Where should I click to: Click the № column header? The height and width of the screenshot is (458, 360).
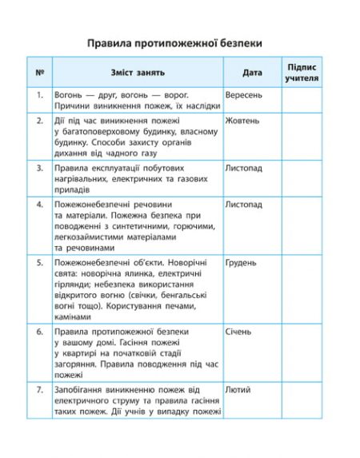[x=39, y=73]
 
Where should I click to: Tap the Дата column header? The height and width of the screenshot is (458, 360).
[x=252, y=73]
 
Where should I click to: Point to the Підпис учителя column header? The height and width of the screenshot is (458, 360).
[x=302, y=73]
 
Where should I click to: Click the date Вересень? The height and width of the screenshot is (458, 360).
[x=243, y=94]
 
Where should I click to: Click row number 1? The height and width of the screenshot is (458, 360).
[x=39, y=94]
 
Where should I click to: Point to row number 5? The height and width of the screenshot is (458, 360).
[x=39, y=262]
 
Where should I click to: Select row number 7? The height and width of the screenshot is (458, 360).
[x=39, y=389]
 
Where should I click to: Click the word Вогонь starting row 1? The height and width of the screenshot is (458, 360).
[x=70, y=94]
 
